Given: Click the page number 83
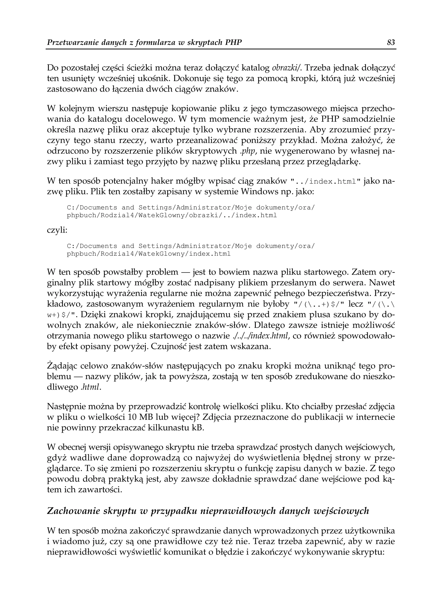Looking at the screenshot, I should (x=391, y=42).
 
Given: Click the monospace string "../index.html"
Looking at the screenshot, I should (x=327, y=182).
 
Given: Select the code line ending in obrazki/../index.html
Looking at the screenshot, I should (x=172, y=215).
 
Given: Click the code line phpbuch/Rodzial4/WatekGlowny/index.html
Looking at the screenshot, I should (x=148, y=254).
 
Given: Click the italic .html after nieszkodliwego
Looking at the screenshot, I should (x=91, y=387).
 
